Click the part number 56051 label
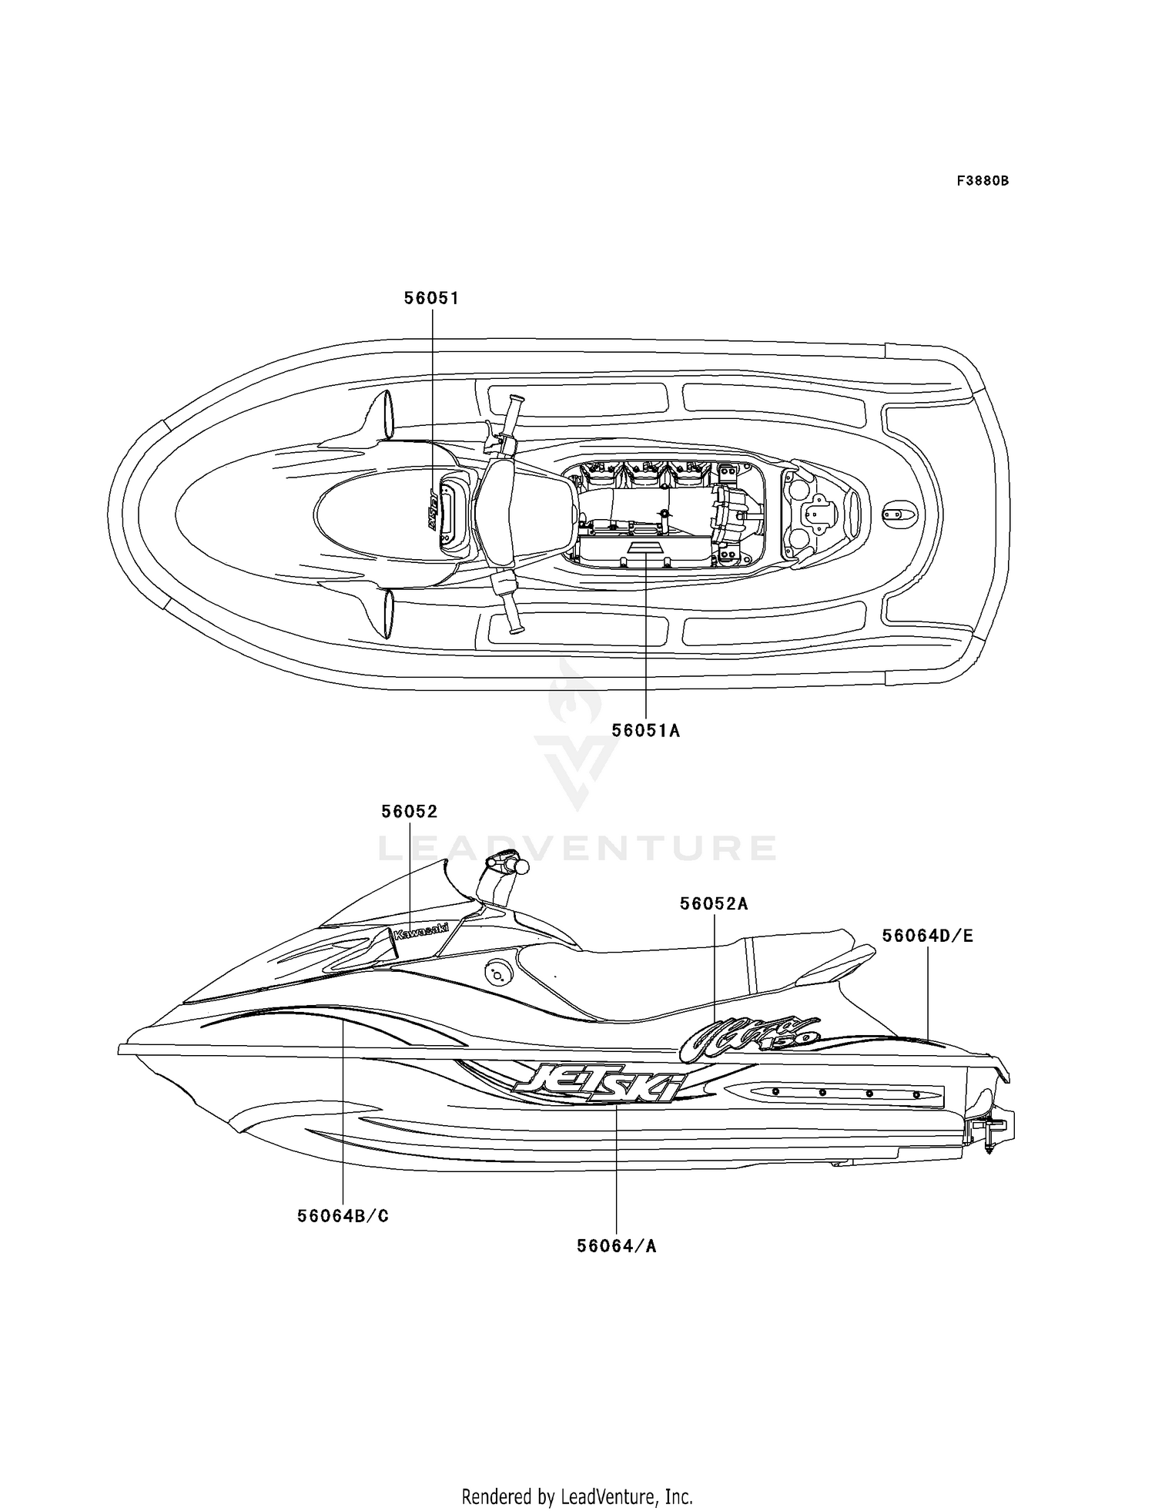[x=431, y=298]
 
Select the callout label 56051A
[x=646, y=730]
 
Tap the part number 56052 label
[x=410, y=812]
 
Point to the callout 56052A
[x=714, y=904]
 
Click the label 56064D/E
[x=928, y=936]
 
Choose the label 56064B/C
[x=343, y=1216]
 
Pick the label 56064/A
[x=617, y=1245]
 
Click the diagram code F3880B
[x=983, y=181]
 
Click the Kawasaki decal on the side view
[x=420, y=931]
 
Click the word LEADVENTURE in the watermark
[x=577, y=848]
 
